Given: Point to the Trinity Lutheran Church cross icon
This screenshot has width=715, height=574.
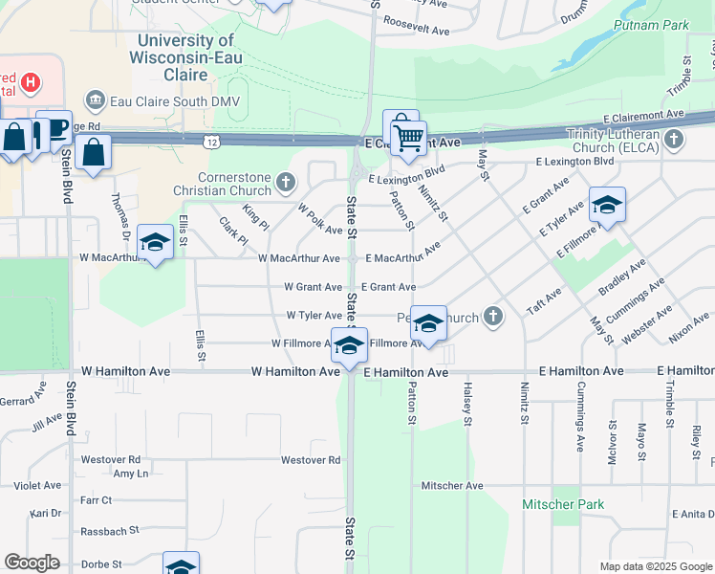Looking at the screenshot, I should click(674, 141).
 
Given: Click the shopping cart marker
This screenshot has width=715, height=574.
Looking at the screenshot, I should click(407, 138).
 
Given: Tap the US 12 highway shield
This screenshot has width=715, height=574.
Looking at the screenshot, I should click(208, 142).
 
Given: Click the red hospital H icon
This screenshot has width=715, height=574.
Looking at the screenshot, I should click(32, 82).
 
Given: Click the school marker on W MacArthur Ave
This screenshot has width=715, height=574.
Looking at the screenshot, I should click(155, 243).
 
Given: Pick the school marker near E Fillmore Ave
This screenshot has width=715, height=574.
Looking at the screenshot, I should click(607, 206).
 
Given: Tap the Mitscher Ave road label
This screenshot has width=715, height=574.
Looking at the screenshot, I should click(452, 486).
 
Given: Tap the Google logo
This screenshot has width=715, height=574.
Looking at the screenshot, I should click(32, 563).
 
